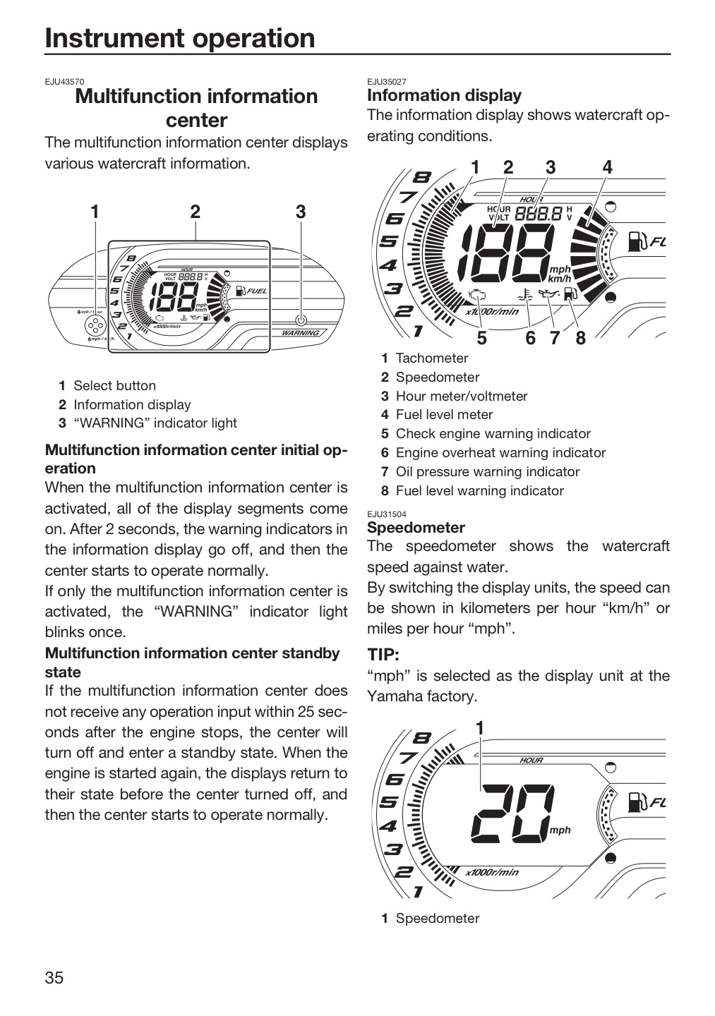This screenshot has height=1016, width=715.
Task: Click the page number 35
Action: coord(54,978)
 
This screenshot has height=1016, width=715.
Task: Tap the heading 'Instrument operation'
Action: coord(180,38)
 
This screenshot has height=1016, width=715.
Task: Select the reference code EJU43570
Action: coord(64,82)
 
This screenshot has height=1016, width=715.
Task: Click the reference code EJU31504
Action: coord(387,514)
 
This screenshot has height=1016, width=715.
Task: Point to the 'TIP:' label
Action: coord(383,655)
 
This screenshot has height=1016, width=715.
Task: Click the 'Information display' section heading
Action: coord(444,96)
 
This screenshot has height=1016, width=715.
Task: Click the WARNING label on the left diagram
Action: coord(301,333)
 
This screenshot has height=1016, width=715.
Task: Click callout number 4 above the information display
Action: coord(607,168)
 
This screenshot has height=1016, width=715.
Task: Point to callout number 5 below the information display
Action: coord(481,339)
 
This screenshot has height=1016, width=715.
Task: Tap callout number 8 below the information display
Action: coord(580,339)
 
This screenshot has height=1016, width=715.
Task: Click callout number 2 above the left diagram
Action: coord(195,212)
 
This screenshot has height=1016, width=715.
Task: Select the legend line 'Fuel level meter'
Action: coord(444,415)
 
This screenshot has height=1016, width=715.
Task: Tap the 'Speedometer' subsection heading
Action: coord(416,528)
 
